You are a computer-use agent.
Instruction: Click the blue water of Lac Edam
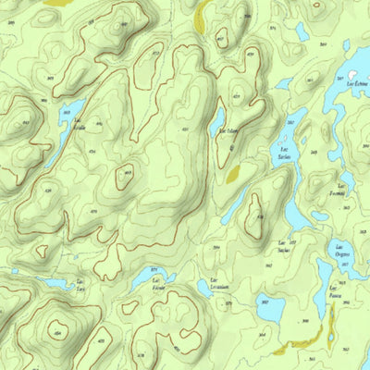pos(217,121)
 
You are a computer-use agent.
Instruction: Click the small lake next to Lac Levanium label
pos(203,290)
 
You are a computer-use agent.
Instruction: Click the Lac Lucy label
pos(81,286)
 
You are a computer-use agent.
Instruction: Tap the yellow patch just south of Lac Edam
pos(231,171)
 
